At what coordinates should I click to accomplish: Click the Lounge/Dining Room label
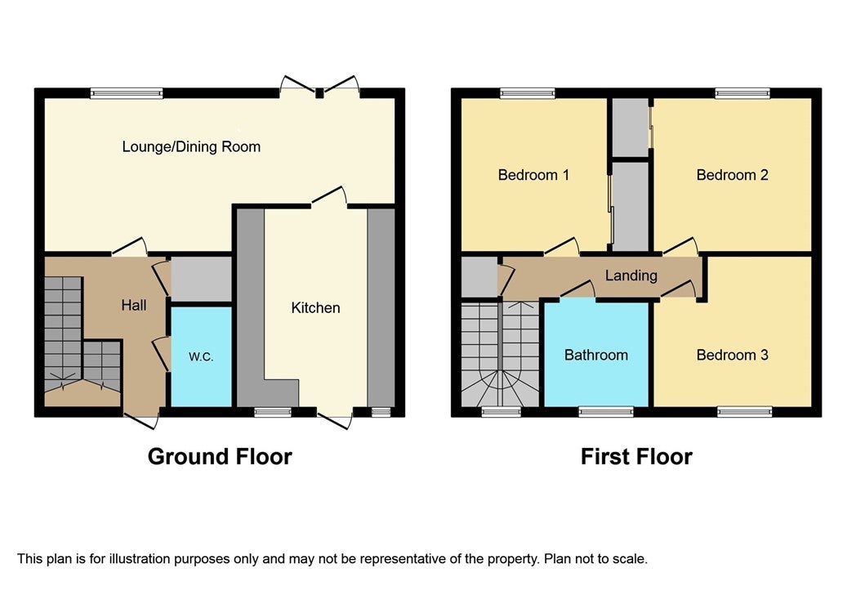click(x=191, y=147)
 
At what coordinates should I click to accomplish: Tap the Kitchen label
click(x=315, y=307)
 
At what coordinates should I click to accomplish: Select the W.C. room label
click(x=201, y=357)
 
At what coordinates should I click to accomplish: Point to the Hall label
click(x=134, y=305)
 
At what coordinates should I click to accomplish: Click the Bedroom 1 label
click(x=533, y=175)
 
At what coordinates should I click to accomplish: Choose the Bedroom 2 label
click(x=732, y=175)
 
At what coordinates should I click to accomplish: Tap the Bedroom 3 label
click(x=732, y=356)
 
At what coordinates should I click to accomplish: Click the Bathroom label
click(x=596, y=356)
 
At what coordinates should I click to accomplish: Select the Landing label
click(x=631, y=275)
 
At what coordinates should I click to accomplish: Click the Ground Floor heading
click(x=220, y=456)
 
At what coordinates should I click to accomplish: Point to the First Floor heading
click(x=636, y=456)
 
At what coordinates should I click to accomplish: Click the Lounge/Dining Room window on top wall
click(x=127, y=93)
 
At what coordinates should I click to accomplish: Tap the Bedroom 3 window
click(x=745, y=411)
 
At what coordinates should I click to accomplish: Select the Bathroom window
click(x=606, y=411)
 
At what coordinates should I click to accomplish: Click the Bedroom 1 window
click(x=528, y=93)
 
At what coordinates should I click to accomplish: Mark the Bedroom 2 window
click(x=742, y=93)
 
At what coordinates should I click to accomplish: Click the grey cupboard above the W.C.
click(x=202, y=279)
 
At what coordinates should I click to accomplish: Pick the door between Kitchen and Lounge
click(x=329, y=197)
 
